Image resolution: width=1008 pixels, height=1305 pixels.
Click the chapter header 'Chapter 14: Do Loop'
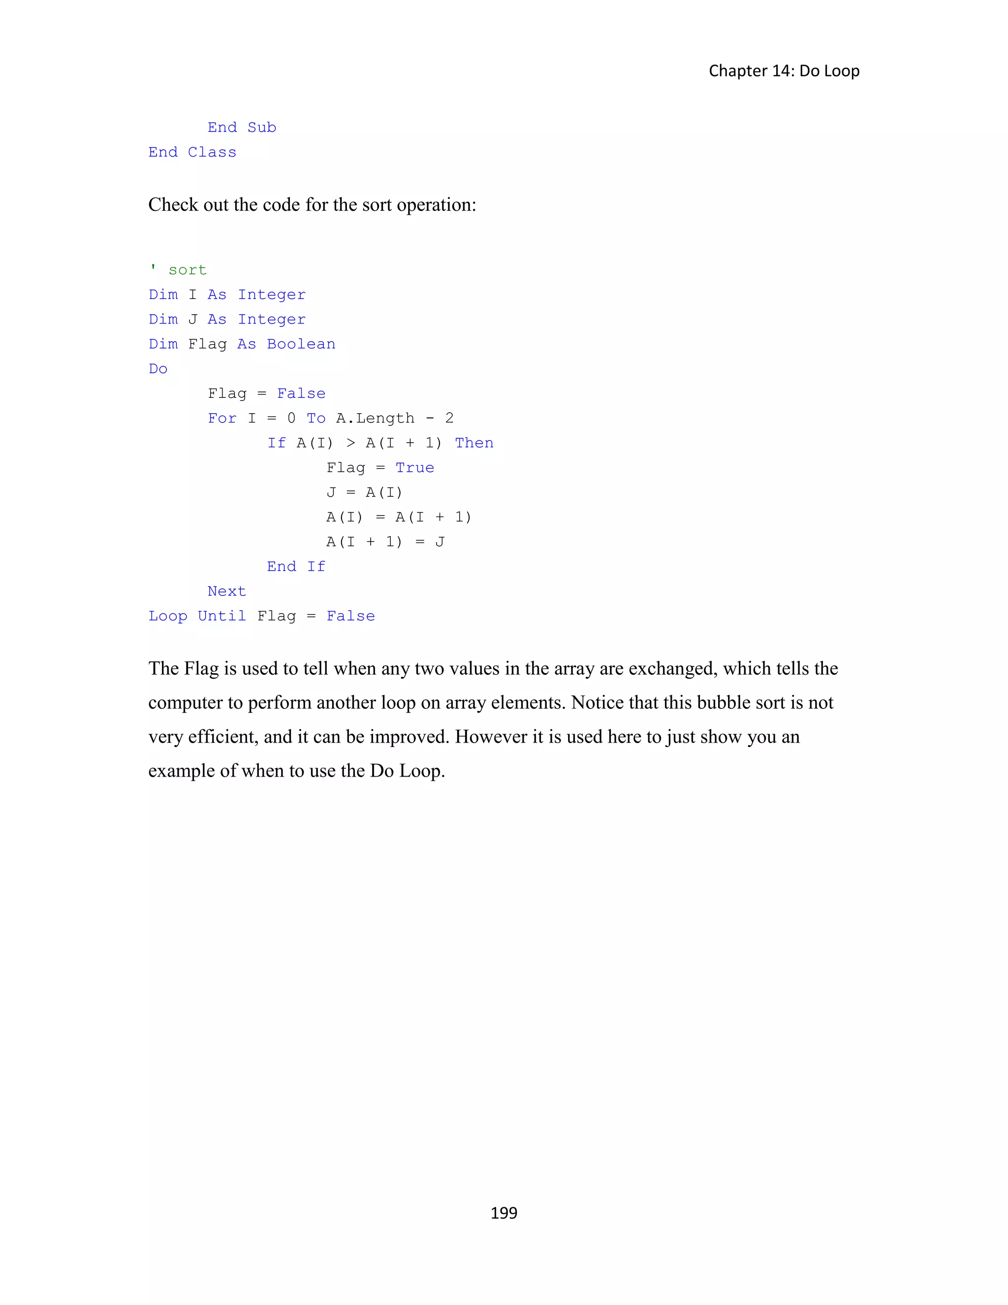784,70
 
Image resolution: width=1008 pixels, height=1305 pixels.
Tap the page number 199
504,1212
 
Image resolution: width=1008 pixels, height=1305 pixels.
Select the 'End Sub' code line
242,127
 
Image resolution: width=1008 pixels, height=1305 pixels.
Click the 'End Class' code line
192,152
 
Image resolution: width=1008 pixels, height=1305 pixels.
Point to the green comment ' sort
178,270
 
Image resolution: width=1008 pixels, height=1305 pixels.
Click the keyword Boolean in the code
301,344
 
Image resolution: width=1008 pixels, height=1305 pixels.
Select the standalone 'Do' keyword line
158,369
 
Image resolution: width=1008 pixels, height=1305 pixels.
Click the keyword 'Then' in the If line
474,443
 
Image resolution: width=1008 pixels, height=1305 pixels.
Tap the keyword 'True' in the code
414,468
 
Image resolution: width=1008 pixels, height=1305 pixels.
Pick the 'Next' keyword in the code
226,591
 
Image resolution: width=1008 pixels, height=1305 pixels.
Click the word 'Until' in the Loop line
221,616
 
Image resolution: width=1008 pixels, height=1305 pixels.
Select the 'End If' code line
296,566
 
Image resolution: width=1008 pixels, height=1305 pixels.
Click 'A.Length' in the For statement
375,418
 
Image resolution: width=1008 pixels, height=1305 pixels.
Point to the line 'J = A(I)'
364,492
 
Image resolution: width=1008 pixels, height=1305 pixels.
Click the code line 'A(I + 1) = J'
385,542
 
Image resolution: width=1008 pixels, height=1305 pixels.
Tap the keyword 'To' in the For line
316,418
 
